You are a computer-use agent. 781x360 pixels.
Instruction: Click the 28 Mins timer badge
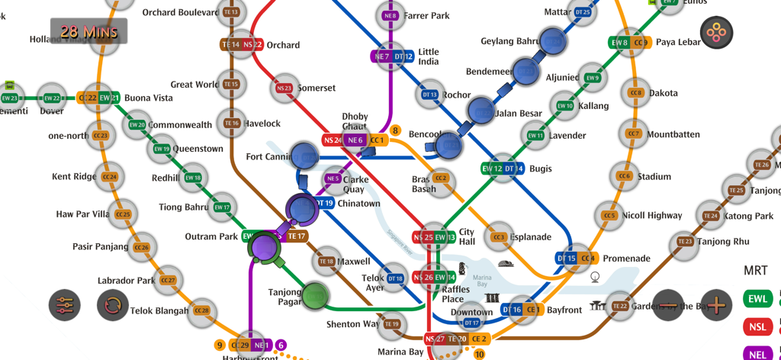coord(88,32)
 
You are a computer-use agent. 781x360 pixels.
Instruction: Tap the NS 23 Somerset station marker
coord(284,88)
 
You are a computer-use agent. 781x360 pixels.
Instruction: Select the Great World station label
coord(194,85)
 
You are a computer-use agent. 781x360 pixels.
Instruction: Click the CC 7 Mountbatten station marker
coord(634,134)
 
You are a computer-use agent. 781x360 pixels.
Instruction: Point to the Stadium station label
coord(654,177)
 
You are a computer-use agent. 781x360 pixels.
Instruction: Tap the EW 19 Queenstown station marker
coord(162,149)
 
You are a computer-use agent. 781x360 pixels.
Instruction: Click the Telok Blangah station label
coord(159,310)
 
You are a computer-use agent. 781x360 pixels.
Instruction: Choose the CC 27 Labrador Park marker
coord(168,281)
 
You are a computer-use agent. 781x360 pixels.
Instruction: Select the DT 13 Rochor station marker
coord(429,95)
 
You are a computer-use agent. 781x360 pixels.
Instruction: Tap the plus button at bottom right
coord(716,305)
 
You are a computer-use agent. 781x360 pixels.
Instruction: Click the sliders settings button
coord(65,305)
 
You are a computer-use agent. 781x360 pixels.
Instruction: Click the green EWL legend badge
coord(757,299)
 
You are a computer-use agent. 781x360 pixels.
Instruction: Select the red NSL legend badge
coord(757,327)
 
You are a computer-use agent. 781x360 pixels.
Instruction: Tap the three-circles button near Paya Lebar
coord(716,33)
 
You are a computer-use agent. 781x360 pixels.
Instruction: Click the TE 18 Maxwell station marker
coord(326,262)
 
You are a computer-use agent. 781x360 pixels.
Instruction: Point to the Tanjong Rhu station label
coord(723,243)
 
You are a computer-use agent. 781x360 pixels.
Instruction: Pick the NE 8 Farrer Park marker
coord(390,15)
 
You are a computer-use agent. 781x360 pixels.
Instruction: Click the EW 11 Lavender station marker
coord(535,136)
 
